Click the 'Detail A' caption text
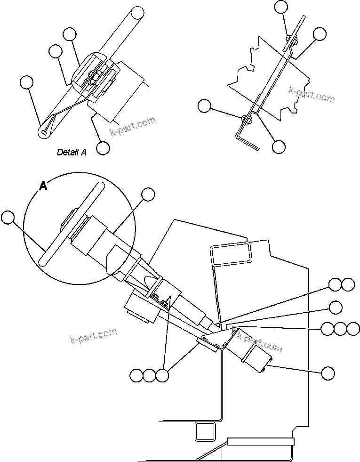pyautogui.click(x=72, y=152)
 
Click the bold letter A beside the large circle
pyautogui.click(x=43, y=186)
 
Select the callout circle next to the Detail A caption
pyautogui.click(x=103, y=148)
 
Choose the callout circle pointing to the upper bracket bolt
pyautogui.click(x=280, y=6)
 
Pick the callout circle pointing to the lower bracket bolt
pyautogui.click(x=204, y=106)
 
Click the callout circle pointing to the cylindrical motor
pyautogui.click(x=328, y=373)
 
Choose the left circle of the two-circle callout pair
pyautogui.click(x=335, y=284)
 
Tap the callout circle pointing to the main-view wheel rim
pyautogui.click(x=7, y=217)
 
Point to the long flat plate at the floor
pyautogui.click(x=260, y=441)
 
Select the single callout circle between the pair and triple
pyautogui.click(x=336, y=307)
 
